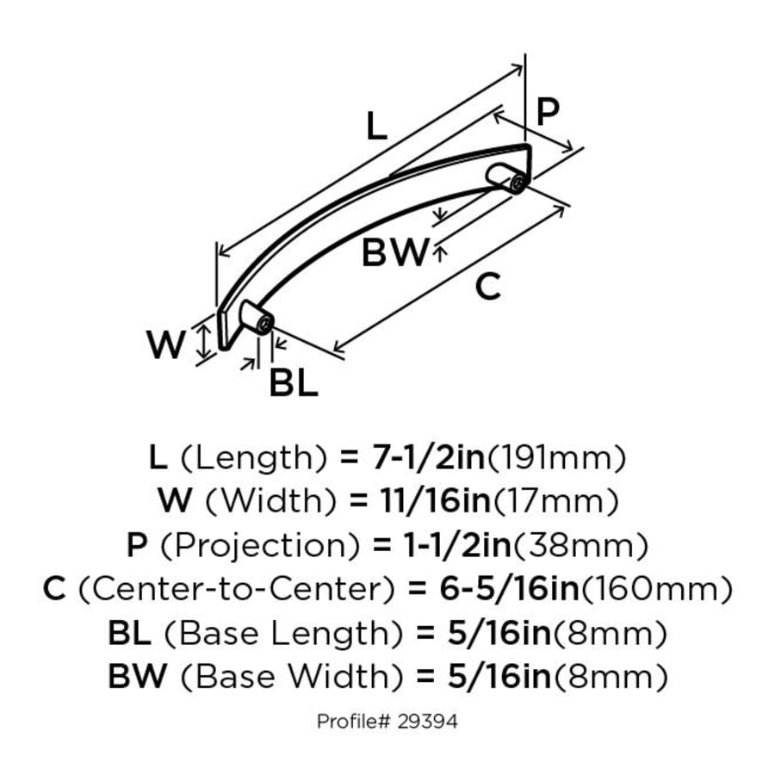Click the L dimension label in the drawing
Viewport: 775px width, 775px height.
coord(375,127)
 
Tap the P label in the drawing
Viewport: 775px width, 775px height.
coord(547,110)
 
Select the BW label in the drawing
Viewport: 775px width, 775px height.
coord(394,253)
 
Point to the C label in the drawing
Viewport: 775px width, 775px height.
coord(487,287)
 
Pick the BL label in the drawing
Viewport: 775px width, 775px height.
coord(294,384)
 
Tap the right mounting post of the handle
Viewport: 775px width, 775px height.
coord(507,177)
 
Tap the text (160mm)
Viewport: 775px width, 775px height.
coord(654,590)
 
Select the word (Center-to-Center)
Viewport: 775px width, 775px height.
coord(236,590)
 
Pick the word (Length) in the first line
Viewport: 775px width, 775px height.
coord(251,457)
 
